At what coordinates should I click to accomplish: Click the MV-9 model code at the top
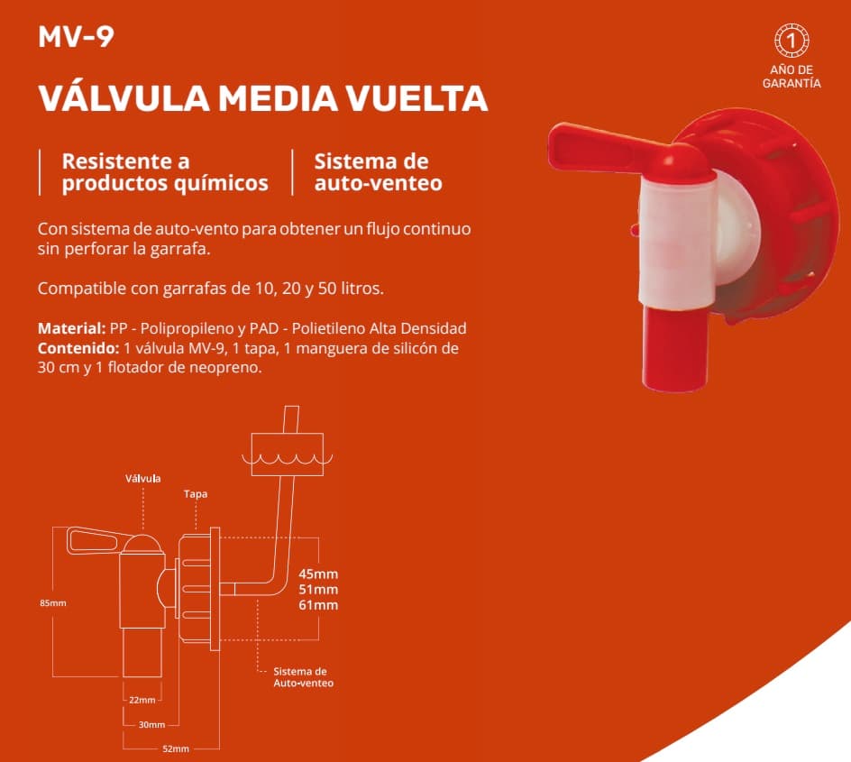coord(76,37)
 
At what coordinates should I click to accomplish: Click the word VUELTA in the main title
coord(416,98)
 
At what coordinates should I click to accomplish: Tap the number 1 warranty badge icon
coord(792,41)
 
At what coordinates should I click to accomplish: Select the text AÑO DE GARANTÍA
coord(792,77)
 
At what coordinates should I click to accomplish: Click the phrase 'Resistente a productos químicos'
coord(165,172)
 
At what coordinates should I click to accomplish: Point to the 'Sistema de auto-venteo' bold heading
coord(379,172)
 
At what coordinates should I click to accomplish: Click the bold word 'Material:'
coord(71,328)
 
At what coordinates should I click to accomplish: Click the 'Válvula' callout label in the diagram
coord(142,479)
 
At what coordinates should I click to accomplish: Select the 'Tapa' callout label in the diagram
coord(196,494)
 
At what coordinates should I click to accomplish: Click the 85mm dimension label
coord(53,603)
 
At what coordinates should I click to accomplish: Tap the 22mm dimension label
coord(142,700)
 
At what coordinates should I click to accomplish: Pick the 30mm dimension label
coord(152,724)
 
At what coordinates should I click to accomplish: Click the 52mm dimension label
coord(176,749)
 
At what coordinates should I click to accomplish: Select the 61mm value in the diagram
coord(318,605)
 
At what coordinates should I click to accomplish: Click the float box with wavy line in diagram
coord(287,454)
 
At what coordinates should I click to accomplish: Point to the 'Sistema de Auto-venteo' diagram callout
coord(302,677)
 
